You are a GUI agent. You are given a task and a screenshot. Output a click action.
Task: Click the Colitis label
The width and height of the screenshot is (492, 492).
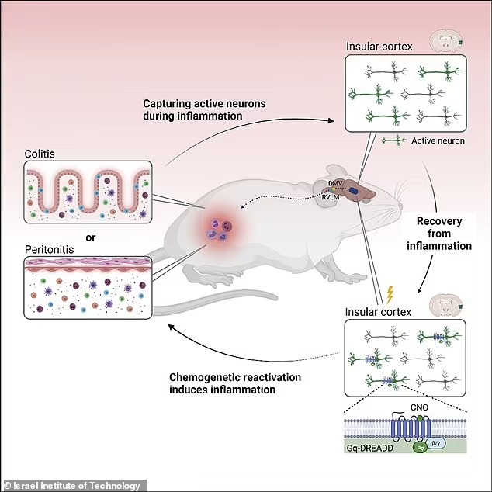[40, 154]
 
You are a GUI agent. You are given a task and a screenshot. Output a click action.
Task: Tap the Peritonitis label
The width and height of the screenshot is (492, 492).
[49, 249]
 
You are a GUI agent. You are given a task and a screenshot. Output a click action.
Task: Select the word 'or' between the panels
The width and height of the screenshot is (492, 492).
[90, 237]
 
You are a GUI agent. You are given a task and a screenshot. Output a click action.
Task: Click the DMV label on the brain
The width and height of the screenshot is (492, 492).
[335, 183]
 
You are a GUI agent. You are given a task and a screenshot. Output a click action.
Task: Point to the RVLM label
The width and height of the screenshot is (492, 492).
[331, 197]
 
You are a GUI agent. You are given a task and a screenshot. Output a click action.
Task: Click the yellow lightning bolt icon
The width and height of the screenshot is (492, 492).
[390, 295]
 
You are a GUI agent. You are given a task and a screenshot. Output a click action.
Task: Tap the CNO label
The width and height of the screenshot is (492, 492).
[419, 407]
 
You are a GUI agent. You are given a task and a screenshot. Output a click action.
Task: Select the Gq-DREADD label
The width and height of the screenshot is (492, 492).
[369, 448]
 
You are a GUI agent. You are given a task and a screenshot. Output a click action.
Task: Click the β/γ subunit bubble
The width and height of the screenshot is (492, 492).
[436, 443]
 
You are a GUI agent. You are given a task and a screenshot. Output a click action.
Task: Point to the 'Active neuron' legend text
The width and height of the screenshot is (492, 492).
[438, 141]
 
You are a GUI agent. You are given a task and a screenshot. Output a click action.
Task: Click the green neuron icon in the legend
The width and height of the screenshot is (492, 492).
[393, 140]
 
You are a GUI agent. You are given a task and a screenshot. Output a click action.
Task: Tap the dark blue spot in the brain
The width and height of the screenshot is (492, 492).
[354, 190]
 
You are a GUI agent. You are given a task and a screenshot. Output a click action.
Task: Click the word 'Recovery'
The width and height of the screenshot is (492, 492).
[439, 221]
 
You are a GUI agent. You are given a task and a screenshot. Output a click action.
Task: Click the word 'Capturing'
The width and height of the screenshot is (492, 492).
[167, 104]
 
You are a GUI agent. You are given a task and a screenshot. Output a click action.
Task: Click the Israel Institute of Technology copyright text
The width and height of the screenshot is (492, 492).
[72, 486]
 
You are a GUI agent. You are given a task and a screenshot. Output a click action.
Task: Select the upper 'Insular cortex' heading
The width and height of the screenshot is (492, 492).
[379, 47]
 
